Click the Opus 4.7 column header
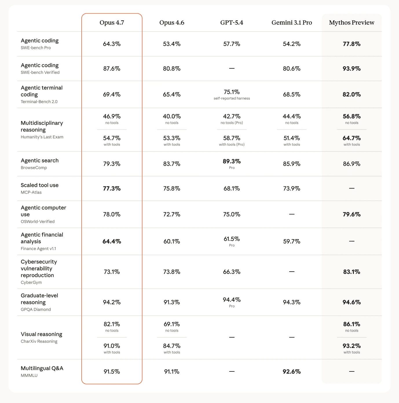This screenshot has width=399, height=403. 112,23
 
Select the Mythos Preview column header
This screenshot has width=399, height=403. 352,23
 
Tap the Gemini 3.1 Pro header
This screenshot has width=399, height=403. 292,23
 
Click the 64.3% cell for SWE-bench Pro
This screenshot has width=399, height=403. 112,44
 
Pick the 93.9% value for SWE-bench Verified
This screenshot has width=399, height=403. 352,69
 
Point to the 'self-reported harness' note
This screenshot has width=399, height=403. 232,98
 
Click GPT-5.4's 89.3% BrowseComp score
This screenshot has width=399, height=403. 232,161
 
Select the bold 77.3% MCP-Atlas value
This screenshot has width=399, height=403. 112,188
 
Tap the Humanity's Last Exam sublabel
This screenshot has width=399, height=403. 42,137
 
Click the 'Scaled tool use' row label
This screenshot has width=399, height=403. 40,185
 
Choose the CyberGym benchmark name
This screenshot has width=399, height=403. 31,282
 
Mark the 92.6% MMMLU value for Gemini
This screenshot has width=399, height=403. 292,371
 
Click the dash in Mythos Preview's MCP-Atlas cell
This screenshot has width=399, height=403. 352,188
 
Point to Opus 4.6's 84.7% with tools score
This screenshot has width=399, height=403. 172,346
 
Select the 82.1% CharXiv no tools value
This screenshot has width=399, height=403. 112,324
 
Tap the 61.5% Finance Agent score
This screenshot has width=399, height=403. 232,239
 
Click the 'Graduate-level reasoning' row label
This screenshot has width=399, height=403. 39,299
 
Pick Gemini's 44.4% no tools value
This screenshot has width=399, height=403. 292,116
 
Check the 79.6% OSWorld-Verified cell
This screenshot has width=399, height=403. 352,215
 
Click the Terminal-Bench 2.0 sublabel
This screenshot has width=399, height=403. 39,102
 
